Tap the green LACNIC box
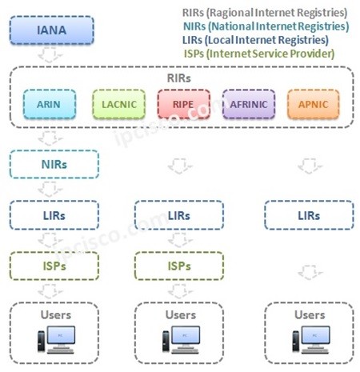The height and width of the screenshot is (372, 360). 118,104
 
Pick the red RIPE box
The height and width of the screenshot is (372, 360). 182,104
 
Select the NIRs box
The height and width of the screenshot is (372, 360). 54,165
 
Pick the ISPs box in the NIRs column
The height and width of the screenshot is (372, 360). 54,264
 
